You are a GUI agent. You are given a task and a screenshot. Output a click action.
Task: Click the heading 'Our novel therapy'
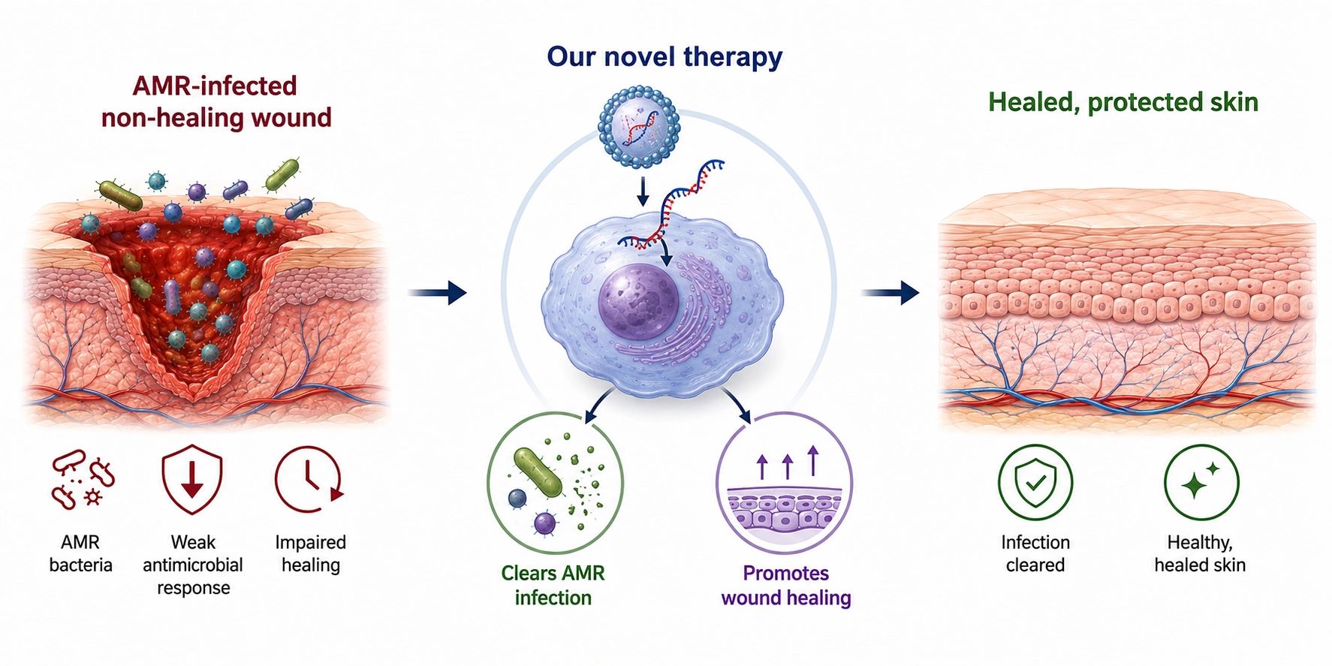664,57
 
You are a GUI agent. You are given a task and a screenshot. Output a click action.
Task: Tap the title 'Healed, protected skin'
1123,102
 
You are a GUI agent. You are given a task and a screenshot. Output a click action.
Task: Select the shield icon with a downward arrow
192,481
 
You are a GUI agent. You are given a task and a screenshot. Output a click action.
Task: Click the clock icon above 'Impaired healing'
309,479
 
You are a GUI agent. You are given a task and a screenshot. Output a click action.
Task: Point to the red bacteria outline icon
82,480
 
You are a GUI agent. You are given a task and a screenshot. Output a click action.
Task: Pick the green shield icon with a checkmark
1035,482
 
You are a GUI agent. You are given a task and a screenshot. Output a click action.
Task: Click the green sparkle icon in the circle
1201,482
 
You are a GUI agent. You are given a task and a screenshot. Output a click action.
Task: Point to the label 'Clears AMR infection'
553,585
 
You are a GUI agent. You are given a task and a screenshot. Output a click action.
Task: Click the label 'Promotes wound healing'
786,585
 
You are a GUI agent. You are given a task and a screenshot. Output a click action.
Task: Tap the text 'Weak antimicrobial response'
193,565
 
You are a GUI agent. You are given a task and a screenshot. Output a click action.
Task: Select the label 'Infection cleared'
1035,553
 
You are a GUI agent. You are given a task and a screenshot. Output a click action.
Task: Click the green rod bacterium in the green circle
538,473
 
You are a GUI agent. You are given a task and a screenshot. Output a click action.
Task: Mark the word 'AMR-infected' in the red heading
215,86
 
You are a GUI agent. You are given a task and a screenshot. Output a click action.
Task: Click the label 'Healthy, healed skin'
1200,553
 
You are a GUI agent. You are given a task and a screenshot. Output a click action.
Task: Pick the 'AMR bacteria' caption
80,553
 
